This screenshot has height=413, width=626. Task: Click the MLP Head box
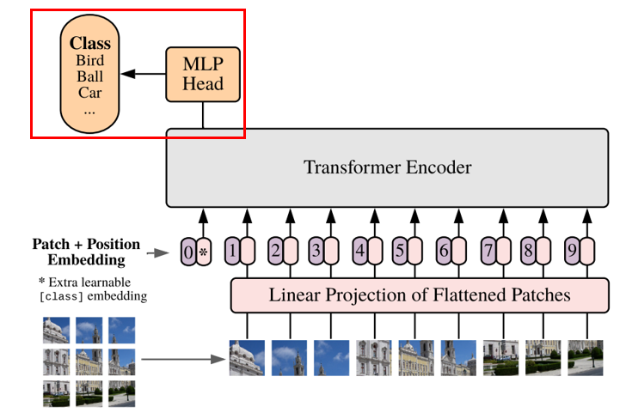tap(203, 73)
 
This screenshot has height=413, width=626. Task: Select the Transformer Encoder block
tap(387, 167)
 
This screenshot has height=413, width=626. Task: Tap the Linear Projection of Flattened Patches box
tap(419, 295)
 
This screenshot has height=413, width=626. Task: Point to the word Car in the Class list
tap(89, 92)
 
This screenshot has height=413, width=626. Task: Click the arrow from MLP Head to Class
tap(143, 74)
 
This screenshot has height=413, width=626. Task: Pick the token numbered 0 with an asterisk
tap(196, 252)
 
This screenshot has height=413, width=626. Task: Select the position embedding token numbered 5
tap(408, 252)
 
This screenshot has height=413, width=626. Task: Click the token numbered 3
tap(323, 252)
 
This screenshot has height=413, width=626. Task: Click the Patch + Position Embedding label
tap(86, 252)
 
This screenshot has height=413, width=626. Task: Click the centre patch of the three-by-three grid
tap(89, 362)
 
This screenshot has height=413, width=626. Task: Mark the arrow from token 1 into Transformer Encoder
tap(247, 221)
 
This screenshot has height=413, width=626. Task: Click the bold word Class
tap(89, 43)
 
